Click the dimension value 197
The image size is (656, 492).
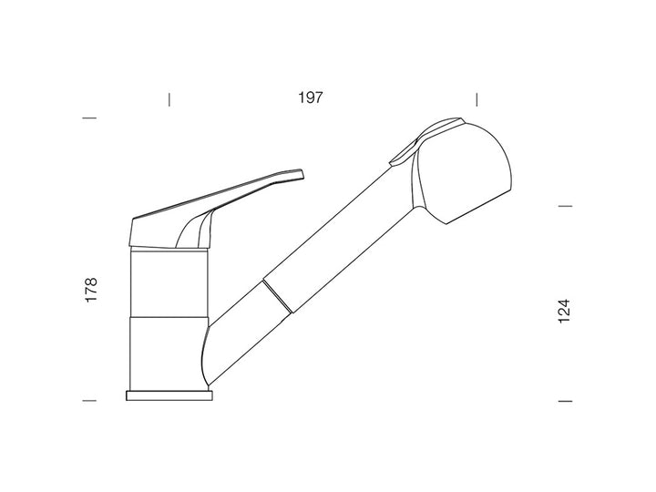pyautogui.click(x=311, y=97)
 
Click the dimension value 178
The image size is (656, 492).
pyautogui.click(x=91, y=290)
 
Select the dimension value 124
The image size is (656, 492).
pyautogui.click(x=564, y=311)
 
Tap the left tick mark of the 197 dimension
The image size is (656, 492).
pyautogui.click(x=169, y=99)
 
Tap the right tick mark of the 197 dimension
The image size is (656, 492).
pyautogui.click(x=477, y=99)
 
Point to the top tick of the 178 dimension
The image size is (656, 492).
pyautogui.click(x=89, y=118)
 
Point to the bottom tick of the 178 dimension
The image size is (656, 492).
pyautogui.click(x=89, y=400)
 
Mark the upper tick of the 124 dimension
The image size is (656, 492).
pyautogui.click(x=565, y=206)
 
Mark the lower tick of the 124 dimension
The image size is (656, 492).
pyautogui.click(x=565, y=401)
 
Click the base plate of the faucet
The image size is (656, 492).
pyautogui.click(x=169, y=395)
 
